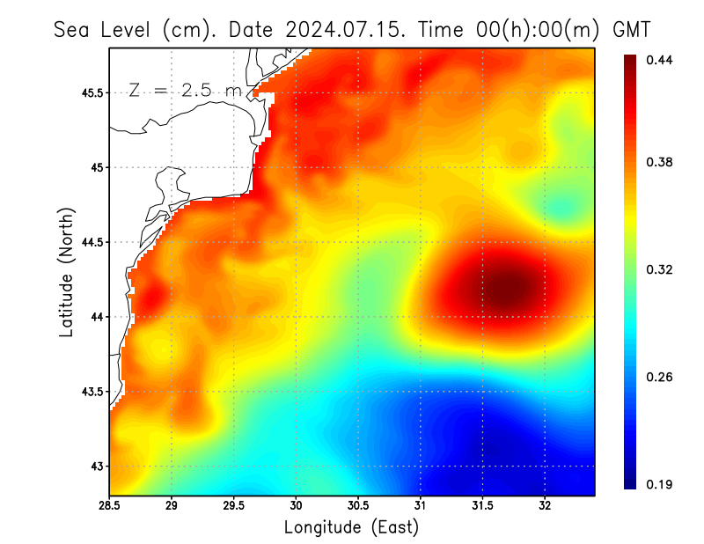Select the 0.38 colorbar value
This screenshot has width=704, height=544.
click(661, 162)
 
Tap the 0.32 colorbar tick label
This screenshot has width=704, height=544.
click(661, 269)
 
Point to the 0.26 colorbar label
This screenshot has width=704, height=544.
click(661, 377)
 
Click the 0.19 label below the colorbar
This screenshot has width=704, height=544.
click(661, 484)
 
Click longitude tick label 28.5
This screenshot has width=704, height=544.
click(109, 506)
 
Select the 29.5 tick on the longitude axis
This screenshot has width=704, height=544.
click(234, 506)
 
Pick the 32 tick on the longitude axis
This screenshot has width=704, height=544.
click(546, 506)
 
